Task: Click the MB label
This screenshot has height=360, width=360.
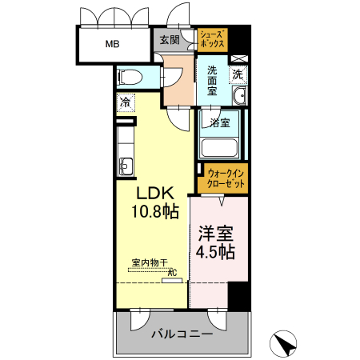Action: tap(111, 44)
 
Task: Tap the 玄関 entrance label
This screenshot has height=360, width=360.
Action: tap(168, 40)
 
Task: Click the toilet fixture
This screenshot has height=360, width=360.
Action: tap(130, 78)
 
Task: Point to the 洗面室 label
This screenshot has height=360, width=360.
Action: tap(212, 81)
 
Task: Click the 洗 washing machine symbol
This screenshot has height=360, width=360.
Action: tap(238, 75)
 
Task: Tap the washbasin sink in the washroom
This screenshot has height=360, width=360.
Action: tap(238, 98)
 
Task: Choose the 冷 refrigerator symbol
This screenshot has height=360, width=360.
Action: tap(126, 102)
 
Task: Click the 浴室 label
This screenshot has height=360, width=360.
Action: tap(220, 122)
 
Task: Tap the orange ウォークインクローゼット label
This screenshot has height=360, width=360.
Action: tap(223, 178)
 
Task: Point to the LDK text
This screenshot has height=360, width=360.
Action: tap(154, 194)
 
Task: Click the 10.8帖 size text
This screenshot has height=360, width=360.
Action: tap(154, 212)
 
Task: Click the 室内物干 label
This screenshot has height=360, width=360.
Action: tap(150, 262)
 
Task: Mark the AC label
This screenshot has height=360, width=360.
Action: tap(171, 272)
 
